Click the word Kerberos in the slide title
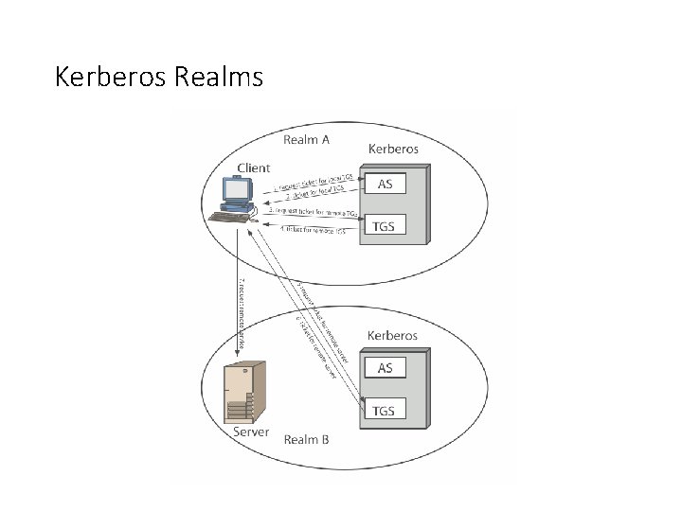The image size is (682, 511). click(112, 77)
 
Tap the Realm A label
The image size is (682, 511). click(307, 140)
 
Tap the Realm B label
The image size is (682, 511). click(307, 438)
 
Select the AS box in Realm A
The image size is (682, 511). click(385, 184)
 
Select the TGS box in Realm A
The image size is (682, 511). click(385, 225)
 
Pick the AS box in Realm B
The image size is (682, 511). click(385, 367)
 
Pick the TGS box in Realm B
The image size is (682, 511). click(385, 410)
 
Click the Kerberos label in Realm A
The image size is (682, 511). click(393, 149)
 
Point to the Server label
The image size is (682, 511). click(251, 432)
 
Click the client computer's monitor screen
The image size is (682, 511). click(235, 191)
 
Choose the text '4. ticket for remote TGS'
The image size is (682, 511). click(315, 231)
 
